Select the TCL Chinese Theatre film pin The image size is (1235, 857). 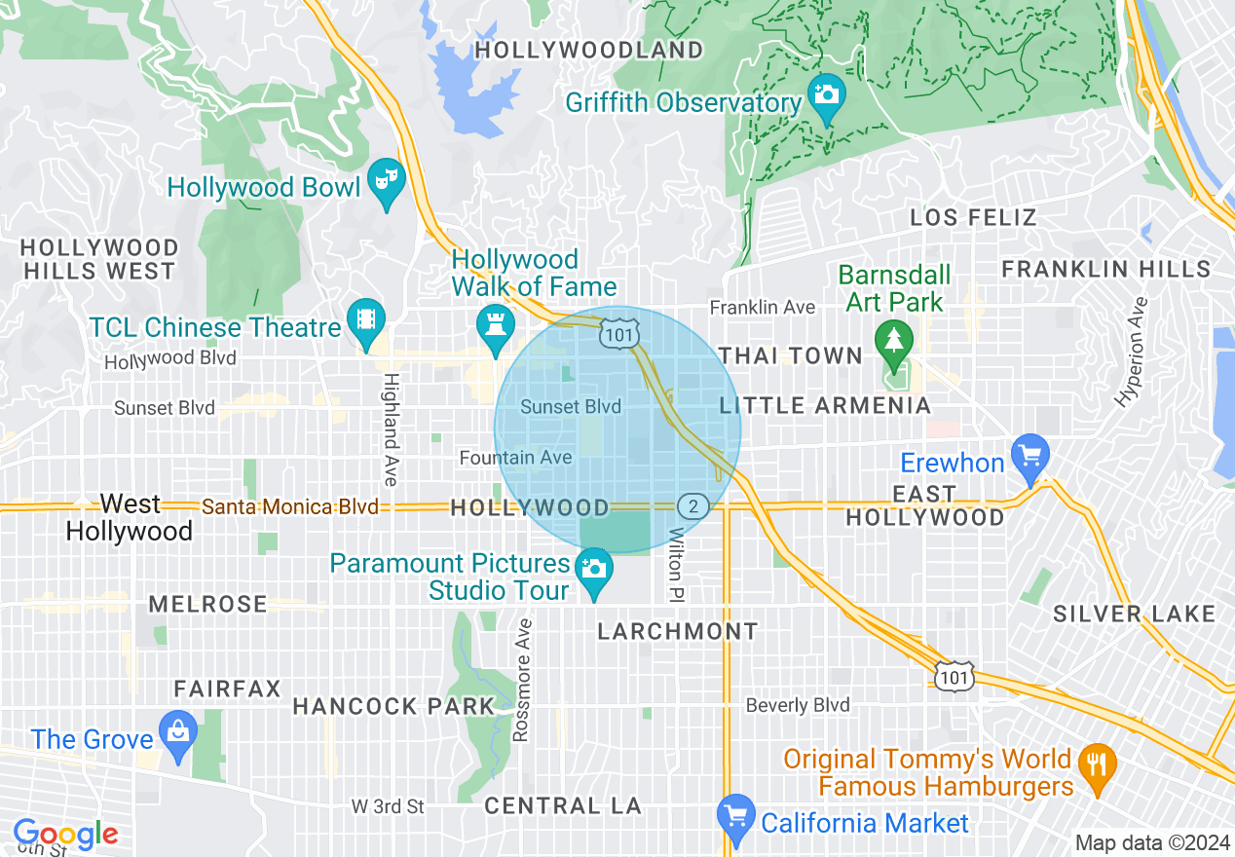click(365, 321)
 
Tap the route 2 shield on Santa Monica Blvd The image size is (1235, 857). click(692, 505)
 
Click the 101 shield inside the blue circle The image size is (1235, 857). click(619, 334)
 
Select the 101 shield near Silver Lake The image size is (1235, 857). click(954, 675)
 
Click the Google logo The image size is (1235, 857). click(65, 834)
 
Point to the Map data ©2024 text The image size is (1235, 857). click(1150, 842)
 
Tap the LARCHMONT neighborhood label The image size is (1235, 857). click(677, 631)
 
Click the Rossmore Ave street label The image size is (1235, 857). click(522, 680)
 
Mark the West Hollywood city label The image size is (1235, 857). click(129, 517)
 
